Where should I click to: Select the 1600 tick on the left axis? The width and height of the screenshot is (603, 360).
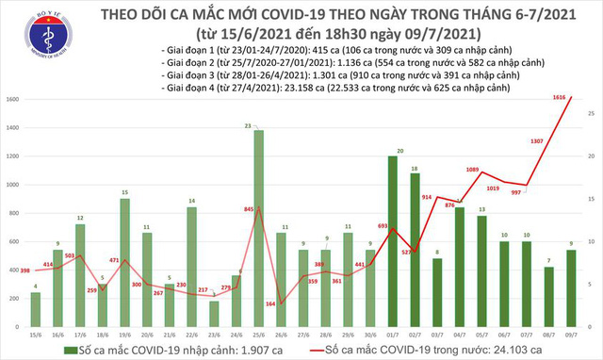tap(13, 99)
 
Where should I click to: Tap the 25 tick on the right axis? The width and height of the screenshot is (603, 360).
tap(590, 113)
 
